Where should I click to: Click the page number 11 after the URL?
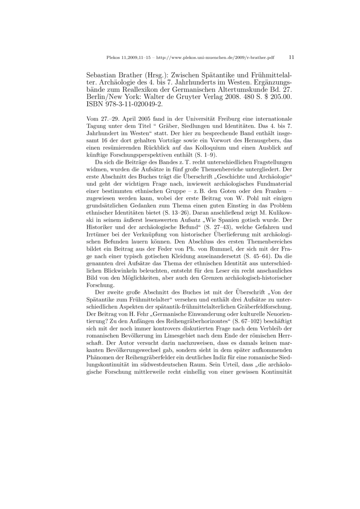pyautogui.click(x=291, y=58)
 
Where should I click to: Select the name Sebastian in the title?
pyautogui.click(x=103, y=76)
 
